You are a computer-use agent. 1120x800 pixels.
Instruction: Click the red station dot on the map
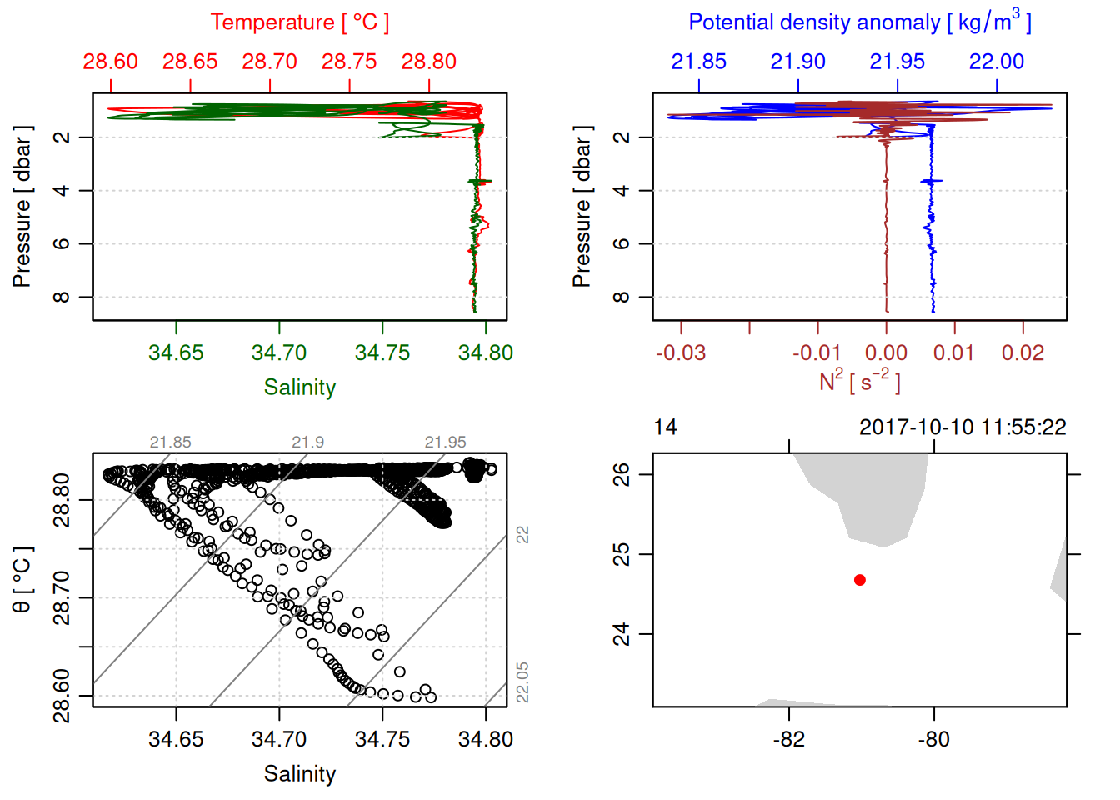pos(859,580)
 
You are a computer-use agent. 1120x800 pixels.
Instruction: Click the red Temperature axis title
pos(299,22)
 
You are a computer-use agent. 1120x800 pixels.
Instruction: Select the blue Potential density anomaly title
pos(859,22)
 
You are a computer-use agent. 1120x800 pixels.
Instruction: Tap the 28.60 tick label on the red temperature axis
pos(110,62)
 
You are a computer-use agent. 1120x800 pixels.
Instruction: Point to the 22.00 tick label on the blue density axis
pos(996,62)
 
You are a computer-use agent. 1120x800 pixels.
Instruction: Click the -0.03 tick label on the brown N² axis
pos(681,353)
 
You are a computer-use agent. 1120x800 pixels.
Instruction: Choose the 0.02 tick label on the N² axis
pos(1022,353)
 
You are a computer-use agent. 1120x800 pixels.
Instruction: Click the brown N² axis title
pos(859,382)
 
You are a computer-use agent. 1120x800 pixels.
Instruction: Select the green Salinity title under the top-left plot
pos(299,387)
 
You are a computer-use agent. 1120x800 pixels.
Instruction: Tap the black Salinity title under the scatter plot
pos(299,774)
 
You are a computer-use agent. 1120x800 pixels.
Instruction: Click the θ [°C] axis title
pos(22,580)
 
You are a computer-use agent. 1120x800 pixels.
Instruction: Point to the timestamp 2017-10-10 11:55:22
pos(962,427)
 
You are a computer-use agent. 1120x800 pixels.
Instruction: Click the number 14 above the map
pos(665,427)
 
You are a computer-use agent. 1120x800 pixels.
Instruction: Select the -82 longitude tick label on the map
pos(788,739)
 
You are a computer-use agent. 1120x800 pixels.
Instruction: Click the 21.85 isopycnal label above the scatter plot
pos(170,442)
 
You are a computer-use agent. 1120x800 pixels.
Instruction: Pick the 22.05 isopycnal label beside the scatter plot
pos(522,682)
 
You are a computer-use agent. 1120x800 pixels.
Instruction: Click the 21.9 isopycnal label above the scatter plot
pos(307,442)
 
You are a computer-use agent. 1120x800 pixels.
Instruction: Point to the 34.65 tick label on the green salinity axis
pos(176,353)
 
